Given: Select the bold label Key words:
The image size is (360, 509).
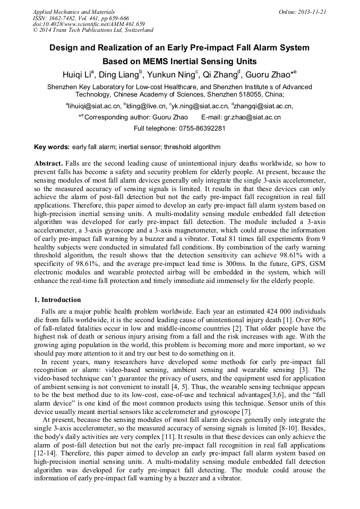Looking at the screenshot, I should (x=52, y=147).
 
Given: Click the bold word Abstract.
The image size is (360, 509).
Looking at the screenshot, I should (x=48, y=163).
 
